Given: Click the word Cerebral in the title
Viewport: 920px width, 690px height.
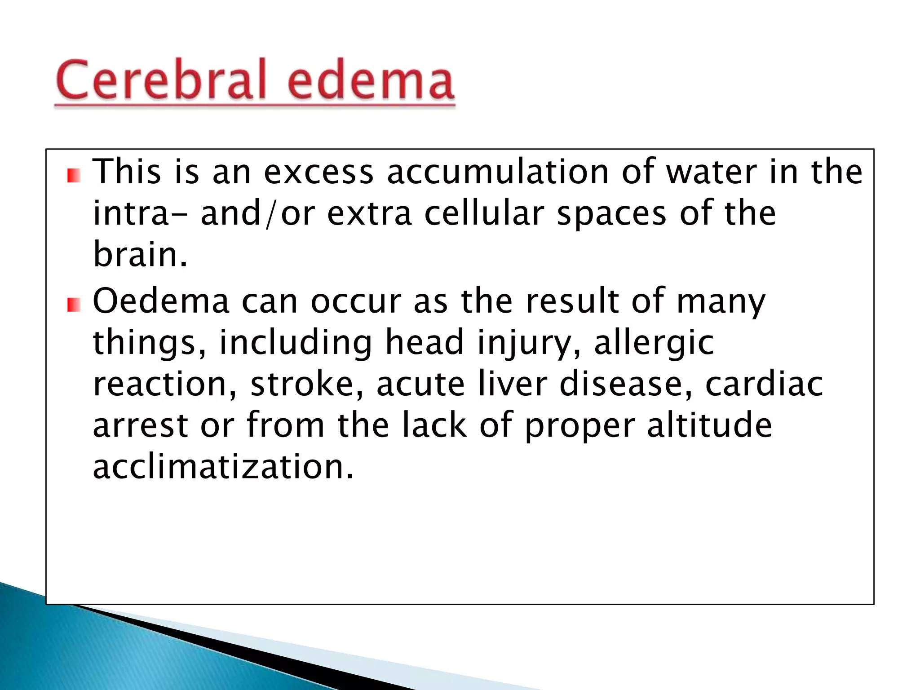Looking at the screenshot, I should click(162, 80).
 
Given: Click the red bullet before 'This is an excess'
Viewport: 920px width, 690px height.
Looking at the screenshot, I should click(74, 176).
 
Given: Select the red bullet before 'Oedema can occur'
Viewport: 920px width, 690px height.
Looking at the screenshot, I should click(74, 305).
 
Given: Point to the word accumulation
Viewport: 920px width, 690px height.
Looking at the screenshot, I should click(498, 172).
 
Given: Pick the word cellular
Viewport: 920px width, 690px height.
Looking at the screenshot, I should click(484, 213).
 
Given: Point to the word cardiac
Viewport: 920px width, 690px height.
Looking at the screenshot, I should click(764, 384).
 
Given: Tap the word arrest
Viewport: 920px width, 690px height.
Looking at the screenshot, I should click(140, 425).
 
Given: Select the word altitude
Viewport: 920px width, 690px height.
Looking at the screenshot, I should click(709, 425).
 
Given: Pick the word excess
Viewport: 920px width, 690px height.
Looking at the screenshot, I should click(318, 173).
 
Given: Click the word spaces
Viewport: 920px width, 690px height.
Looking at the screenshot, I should click(611, 214).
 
